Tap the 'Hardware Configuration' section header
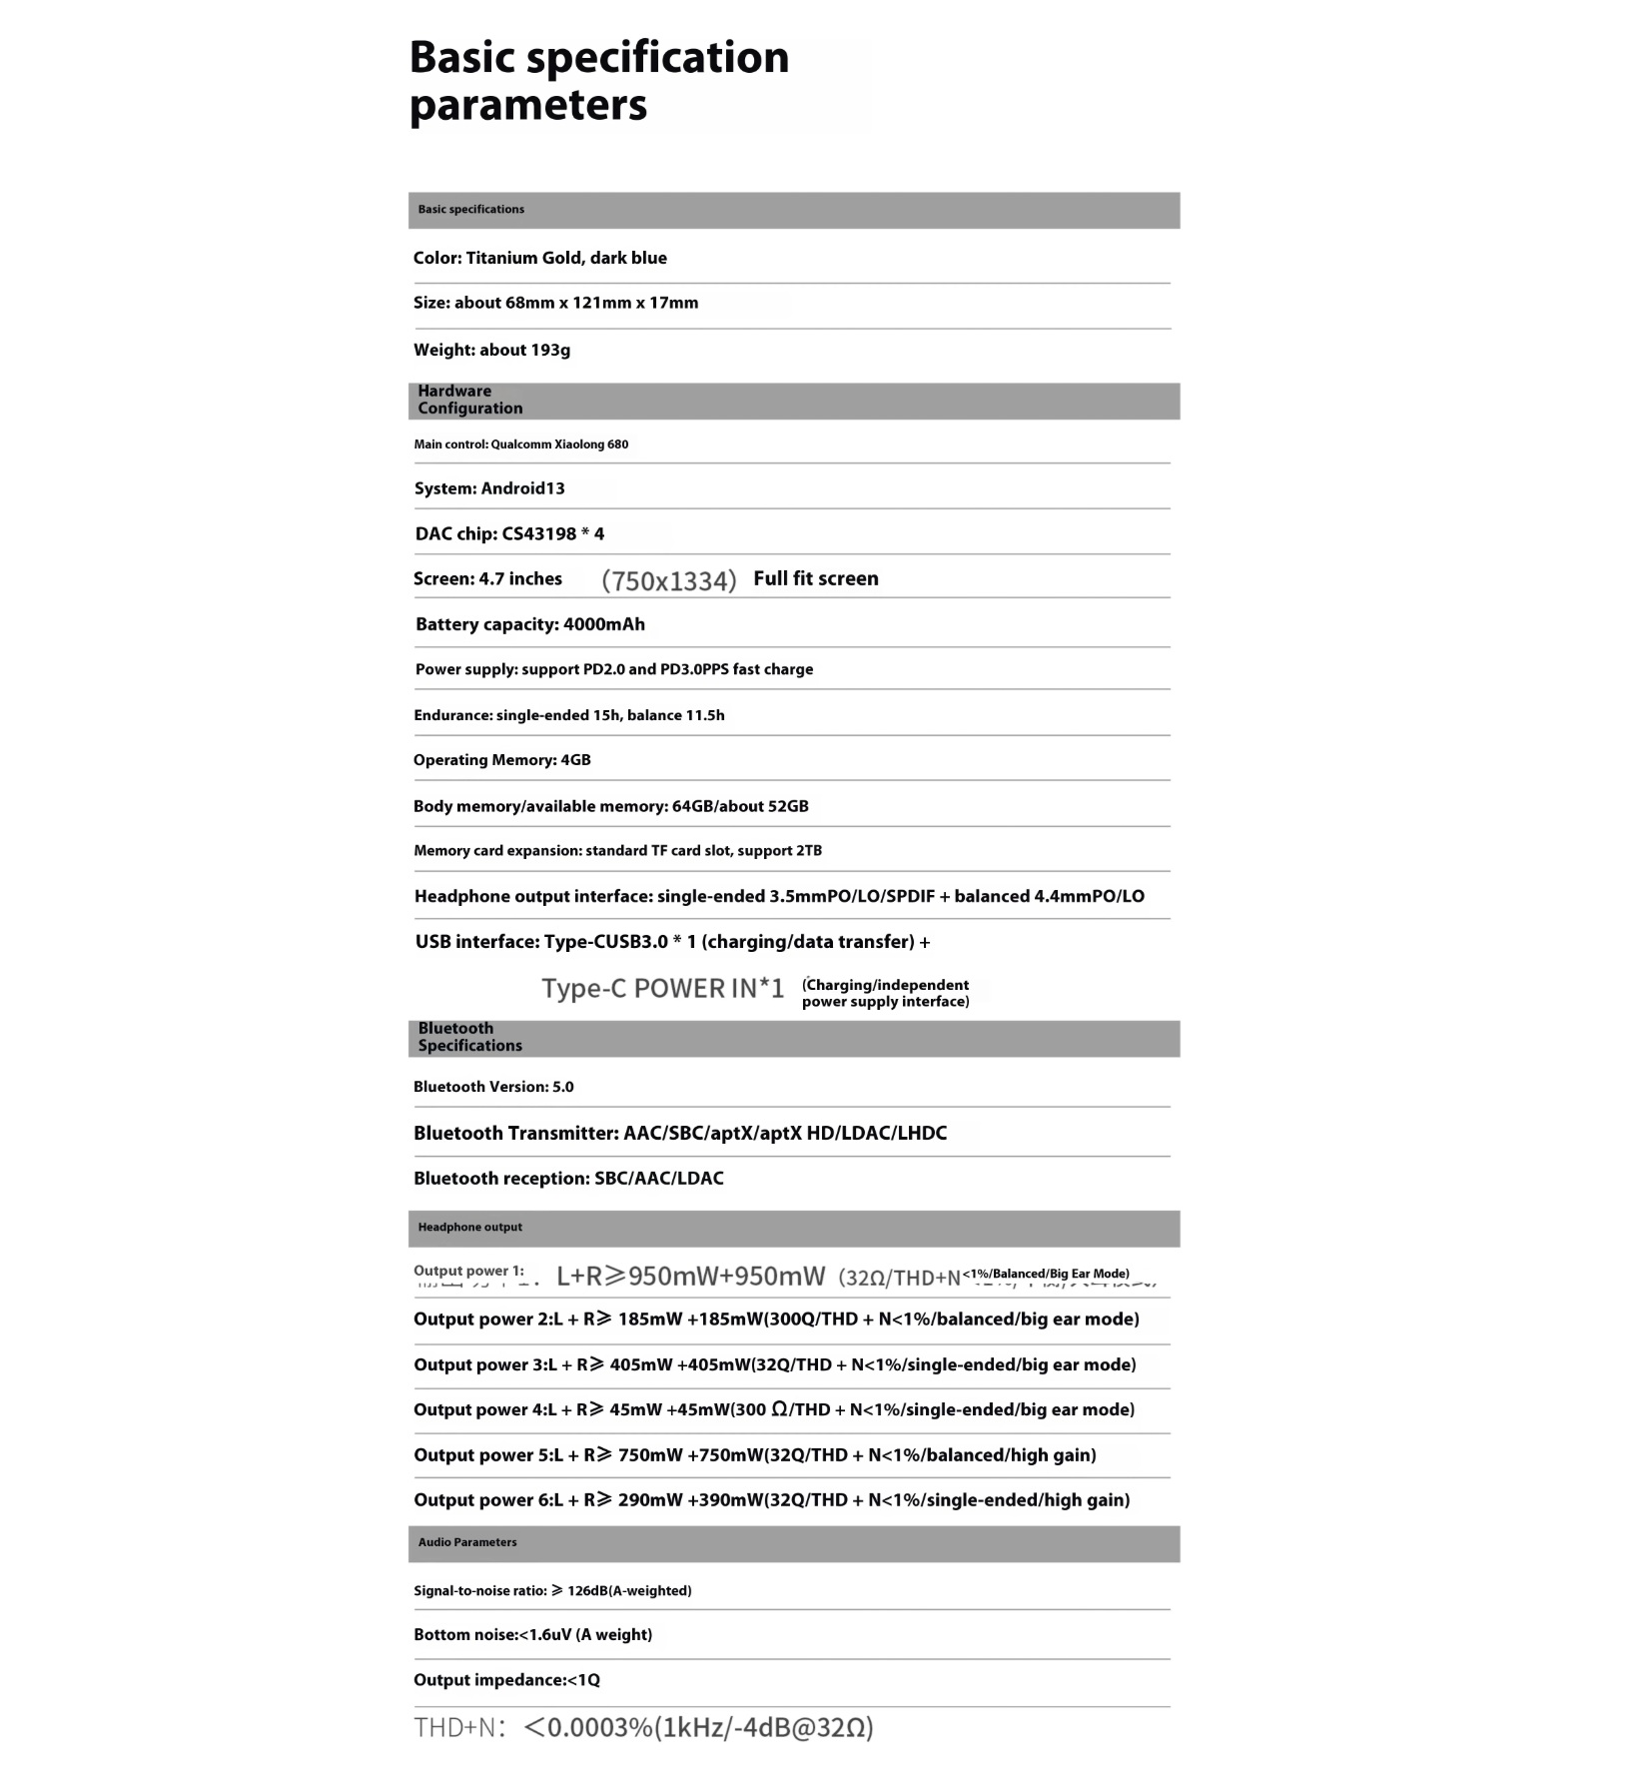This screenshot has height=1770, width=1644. pos(469,400)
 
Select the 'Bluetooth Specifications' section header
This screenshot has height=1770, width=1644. pos(469,1037)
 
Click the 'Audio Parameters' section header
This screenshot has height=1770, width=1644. pos(467,1542)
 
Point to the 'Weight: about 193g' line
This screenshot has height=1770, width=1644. pos(491,350)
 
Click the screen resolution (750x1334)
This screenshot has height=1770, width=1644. pos(668,580)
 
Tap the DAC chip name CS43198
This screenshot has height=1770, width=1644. pos(539,533)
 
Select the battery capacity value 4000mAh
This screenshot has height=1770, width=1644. pos(603,624)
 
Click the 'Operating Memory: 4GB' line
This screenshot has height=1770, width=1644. pos(501,760)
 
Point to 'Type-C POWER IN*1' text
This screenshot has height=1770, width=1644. pos(662,989)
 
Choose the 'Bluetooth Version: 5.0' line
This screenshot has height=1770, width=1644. pos(493,1087)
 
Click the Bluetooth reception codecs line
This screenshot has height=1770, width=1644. pos(568,1179)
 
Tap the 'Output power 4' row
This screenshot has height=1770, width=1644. pos(773,1409)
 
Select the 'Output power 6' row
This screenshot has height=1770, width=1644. pos(771,1499)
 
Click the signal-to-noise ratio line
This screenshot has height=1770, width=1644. pos(552,1590)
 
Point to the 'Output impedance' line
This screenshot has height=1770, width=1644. pos(506,1680)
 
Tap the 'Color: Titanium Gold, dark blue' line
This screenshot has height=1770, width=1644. pos(539,258)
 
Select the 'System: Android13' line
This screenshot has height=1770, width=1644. pos(489,488)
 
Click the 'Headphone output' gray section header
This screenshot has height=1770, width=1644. pos(469,1227)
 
